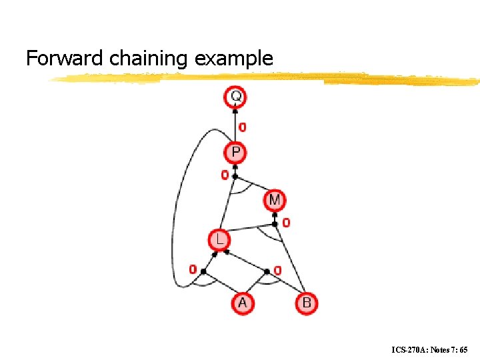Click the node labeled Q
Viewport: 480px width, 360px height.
click(x=235, y=97)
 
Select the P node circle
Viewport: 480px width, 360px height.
click(x=235, y=153)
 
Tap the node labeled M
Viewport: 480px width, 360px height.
click(x=275, y=199)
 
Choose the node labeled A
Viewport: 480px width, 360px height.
click(x=242, y=303)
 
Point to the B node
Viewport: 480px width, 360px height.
click(x=306, y=303)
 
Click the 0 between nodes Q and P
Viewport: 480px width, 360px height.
click(x=243, y=127)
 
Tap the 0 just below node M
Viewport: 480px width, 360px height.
click(x=286, y=223)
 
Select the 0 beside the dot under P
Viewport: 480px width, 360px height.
click(x=225, y=175)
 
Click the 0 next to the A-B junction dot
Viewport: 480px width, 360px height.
click(x=277, y=271)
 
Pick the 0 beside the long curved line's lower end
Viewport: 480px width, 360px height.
click(x=193, y=270)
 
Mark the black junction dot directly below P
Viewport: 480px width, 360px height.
click(x=235, y=177)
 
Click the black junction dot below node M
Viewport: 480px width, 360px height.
click(x=275, y=224)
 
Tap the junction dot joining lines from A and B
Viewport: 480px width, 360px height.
click(x=267, y=271)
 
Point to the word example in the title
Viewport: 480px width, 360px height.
click(x=234, y=59)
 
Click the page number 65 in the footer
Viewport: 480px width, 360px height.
click(x=463, y=349)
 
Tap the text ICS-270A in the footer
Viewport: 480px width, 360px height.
click(x=407, y=349)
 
